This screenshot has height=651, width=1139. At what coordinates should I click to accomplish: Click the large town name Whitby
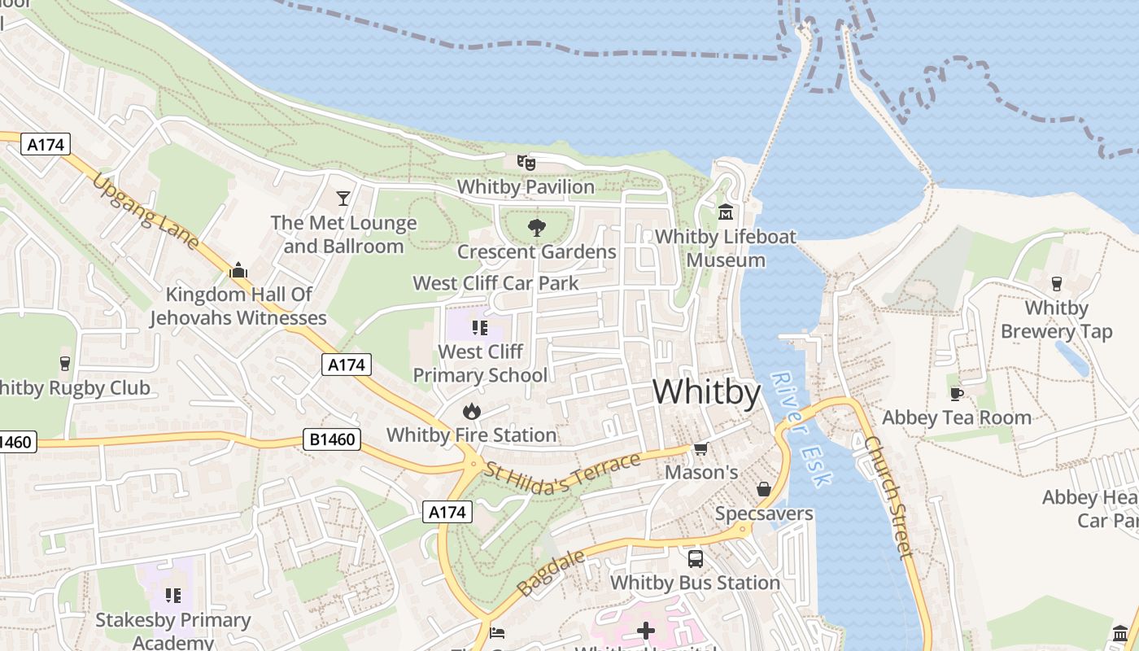click(706, 392)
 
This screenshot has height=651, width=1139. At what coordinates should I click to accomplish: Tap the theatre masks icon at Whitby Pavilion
click(526, 163)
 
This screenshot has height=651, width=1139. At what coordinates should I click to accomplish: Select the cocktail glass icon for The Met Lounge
click(343, 198)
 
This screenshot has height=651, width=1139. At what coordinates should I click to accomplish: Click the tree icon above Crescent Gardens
click(536, 227)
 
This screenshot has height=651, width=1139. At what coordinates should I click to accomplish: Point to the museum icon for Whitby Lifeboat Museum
click(725, 212)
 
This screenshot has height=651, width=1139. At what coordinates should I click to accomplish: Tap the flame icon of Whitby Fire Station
click(471, 411)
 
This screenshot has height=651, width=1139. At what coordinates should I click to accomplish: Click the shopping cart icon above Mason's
click(700, 448)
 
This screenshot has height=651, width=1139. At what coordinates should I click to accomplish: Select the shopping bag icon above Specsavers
click(763, 489)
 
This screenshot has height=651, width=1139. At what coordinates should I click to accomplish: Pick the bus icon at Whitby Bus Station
click(695, 558)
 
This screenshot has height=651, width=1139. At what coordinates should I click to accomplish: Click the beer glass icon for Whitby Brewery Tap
click(1056, 283)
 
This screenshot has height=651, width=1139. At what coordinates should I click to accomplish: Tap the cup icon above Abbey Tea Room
click(957, 394)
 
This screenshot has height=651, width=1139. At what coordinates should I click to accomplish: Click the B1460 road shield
click(333, 439)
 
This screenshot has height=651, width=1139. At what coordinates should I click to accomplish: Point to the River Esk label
click(801, 429)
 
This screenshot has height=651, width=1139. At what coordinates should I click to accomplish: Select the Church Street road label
click(888, 496)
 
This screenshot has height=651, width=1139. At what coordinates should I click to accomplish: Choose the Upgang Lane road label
click(145, 210)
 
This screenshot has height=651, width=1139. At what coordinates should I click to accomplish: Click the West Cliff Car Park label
click(495, 283)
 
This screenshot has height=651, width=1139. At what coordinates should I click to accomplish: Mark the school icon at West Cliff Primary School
click(479, 328)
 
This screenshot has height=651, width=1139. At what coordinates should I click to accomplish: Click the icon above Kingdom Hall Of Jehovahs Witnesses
click(238, 270)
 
